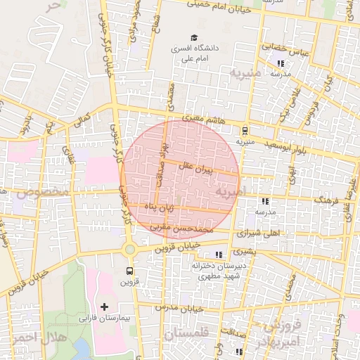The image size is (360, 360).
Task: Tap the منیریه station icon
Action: tap(245, 129)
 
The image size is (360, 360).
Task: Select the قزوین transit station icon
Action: tap(129, 271)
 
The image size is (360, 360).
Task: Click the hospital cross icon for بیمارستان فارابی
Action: tap(105, 307)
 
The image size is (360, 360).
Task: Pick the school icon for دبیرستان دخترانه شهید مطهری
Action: tap(219, 254)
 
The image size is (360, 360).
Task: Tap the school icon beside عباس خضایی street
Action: tap(281, 63)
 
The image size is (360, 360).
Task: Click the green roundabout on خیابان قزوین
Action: tap(129, 249)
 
